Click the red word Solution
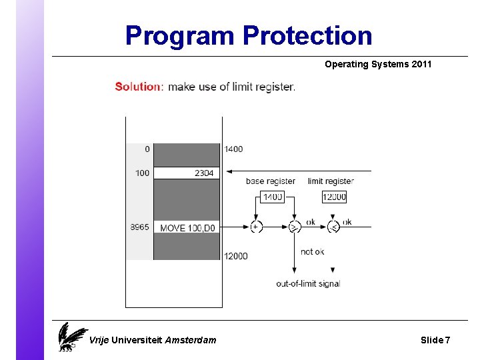pos(138,87)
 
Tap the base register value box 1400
pos(272,197)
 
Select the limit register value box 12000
pos(334,197)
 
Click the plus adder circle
pos(256,227)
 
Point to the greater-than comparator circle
pos(294,227)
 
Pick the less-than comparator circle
pos(333,227)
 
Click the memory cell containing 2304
pos(187,173)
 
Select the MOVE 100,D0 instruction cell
pos(187,228)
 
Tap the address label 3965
pos(140,228)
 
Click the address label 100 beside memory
pos(143,173)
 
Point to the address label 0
pos(147,149)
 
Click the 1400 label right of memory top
pos(234,149)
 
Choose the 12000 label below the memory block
pos(236,256)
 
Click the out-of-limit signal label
pos(308,283)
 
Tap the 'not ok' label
pos(313,251)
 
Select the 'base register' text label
pos(271,181)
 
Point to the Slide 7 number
pos(435,340)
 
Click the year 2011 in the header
pos(421,65)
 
